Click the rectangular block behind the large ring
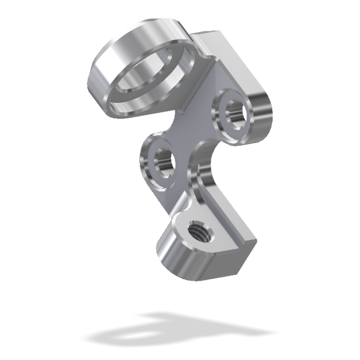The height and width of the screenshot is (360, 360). pyautogui.click(x=216, y=46)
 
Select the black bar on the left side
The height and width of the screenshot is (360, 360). pyautogui.click(x=28, y=180)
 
